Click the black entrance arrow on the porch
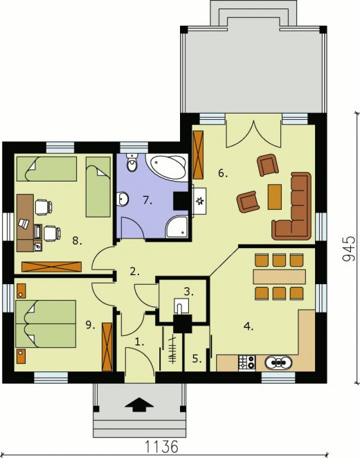pyautogui.click(x=139, y=404)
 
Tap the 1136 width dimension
pyautogui.click(x=161, y=447)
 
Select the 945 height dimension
pyautogui.click(x=349, y=248)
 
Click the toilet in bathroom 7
pyautogui.click(x=132, y=164)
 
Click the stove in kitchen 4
pyautogui.click(x=246, y=362)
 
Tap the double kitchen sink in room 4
pyautogui.click(x=278, y=362)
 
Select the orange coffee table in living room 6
pyautogui.click(x=275, y=197)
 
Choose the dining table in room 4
pyautogui.click(x=279, y=276)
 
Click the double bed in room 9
pyautogui.click(x=46, y=324)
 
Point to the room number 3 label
pyautogui.click(x=189, y=291)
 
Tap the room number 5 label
pyautogui.click(x=197, y=359)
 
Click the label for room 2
pyautogui.click(x=135, y=272)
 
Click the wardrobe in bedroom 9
pyautogui.click(x=107, y=346)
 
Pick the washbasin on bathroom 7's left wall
pyautogui.click(x=123, y=199)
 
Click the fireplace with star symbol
pyautogui.click(x=199, y=201)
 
